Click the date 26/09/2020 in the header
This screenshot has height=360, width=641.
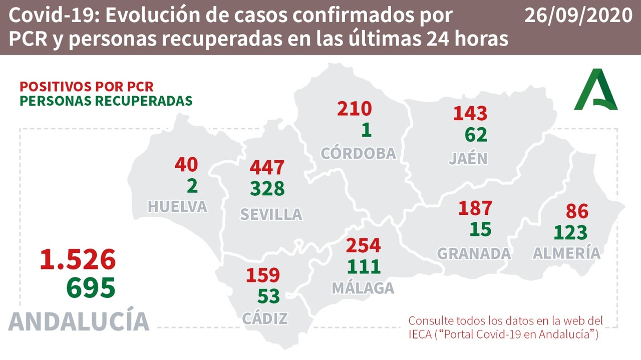578,16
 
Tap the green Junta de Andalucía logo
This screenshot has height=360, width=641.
596,90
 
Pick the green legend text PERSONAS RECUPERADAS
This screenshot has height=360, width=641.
106,100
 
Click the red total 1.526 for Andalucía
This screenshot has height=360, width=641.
78,259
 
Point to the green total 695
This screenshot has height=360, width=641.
91,287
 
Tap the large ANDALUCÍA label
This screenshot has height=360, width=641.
79,321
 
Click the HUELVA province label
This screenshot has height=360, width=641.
177,206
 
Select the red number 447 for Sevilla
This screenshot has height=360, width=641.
267,168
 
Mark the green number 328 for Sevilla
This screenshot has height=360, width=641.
267,188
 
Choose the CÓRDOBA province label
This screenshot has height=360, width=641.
358,153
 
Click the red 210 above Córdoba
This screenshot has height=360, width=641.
354,109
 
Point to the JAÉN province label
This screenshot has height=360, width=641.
468,158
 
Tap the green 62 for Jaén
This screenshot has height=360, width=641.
475,134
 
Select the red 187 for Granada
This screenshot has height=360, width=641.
475,208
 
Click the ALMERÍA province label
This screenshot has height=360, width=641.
566,253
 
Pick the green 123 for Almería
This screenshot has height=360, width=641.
570,232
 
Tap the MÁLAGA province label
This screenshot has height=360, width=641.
363,288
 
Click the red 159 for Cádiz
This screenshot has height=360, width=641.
262,275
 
